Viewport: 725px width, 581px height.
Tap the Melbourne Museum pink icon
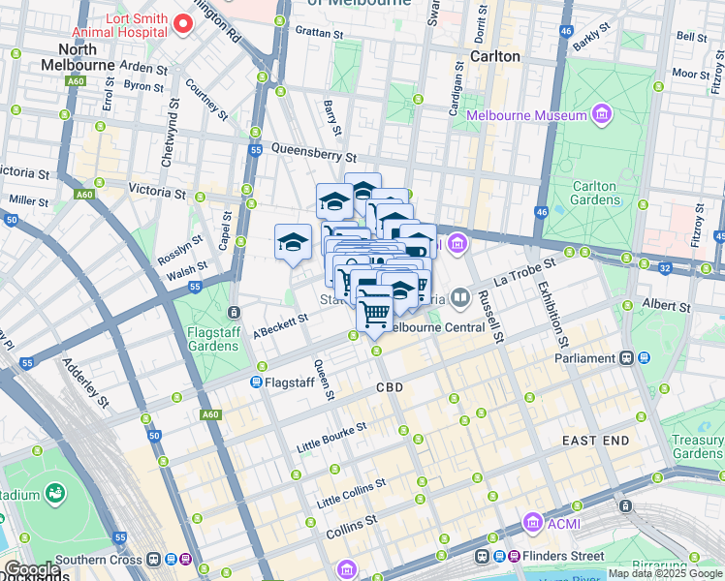pos(603,115)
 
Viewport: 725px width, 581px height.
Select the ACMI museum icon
pos(532,524)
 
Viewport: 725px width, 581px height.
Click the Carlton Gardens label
pos(594,194)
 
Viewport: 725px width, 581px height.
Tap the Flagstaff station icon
pos(258,382)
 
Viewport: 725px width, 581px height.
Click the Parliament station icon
pos(628,358)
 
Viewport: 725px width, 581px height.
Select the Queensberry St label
pos(314,153)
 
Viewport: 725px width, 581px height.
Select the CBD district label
pos(389,387)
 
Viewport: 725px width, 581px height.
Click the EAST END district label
pos(595,441)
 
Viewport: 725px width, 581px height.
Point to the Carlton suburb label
pos(495,56)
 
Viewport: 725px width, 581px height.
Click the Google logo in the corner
pos(31,569)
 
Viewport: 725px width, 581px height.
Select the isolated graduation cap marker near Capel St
pos(293,242)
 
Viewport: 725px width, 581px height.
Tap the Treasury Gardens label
pos(698,446)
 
